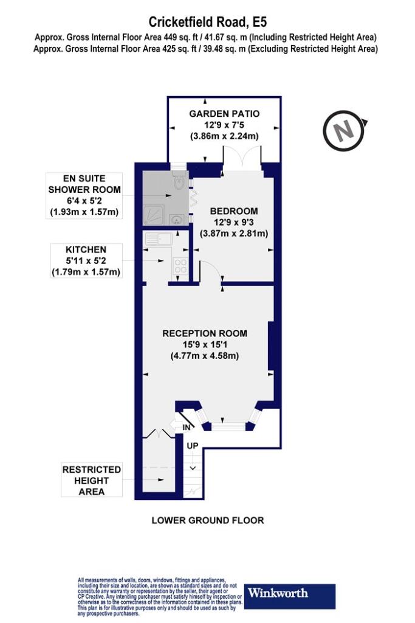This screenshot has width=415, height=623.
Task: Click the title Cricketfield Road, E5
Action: coord(205,22)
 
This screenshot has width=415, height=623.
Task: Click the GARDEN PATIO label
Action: coord(224,114)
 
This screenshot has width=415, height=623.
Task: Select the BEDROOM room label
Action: coord(234,211)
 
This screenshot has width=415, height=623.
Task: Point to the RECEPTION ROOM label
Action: coord(205,333)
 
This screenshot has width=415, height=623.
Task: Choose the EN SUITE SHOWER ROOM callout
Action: coord(84,195)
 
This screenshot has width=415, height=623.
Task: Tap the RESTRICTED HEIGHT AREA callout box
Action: coord(92,480)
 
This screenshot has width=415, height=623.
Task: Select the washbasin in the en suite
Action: coord(176,219)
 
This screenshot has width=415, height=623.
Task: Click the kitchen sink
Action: coord(159,239)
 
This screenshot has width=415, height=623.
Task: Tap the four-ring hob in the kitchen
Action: coord(180,266)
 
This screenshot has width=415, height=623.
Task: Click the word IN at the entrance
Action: coord(187,428)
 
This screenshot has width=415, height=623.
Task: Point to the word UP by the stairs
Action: coord(193,446)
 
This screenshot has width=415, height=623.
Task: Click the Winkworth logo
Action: coord(290,596)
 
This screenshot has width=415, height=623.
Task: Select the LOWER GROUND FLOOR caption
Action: coord(208,521)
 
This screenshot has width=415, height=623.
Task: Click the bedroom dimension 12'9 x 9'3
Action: coord(234,223)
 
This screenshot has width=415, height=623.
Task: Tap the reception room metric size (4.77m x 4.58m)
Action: coord(205,355)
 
